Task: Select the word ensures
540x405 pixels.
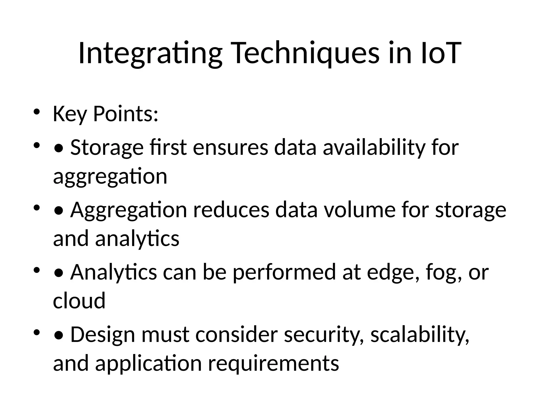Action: coord(230,148)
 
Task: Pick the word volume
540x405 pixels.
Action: coord(359,210)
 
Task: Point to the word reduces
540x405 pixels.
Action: coord(231,210)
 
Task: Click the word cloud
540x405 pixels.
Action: coord(79,301)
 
